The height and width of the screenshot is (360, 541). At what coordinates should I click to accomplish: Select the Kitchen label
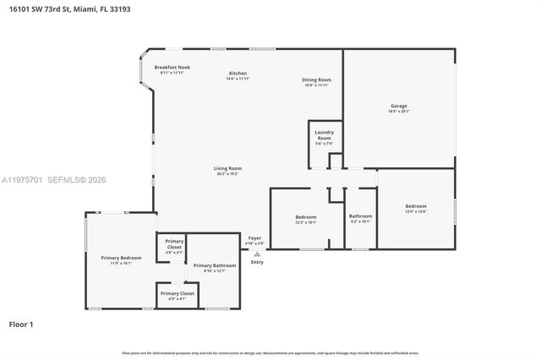(x=238, y=75)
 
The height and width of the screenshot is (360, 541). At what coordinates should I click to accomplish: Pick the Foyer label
(x=254, y=241)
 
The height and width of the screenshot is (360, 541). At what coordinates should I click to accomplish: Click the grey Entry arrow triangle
(x=257, y=254)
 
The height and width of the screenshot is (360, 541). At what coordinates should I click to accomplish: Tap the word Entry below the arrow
(x=257, y=262)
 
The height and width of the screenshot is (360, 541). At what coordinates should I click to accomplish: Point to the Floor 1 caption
(x=21, y=324)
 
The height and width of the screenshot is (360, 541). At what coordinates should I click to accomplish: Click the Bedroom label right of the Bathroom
(x=415, y=208)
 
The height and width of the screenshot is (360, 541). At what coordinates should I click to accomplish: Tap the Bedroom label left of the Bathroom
(x=305, y=220)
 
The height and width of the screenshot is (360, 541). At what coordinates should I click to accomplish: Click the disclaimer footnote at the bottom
(x=270, y=352)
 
